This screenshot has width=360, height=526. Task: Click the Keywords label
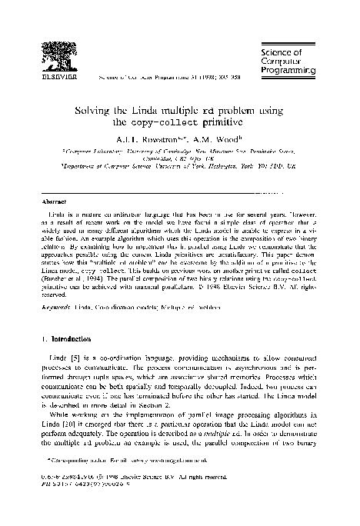[x=57, y=306]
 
